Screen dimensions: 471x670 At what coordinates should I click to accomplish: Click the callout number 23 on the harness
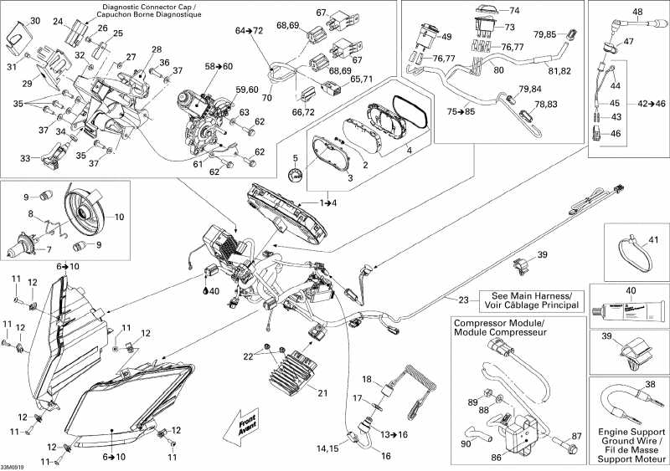point(463,300)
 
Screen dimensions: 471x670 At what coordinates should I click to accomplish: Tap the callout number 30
point(34,20)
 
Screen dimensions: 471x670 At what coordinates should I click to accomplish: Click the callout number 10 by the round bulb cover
point(118,216)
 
